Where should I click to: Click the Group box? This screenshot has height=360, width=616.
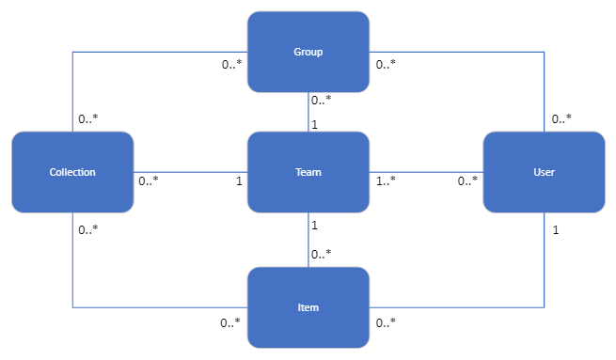(x=308, y=52)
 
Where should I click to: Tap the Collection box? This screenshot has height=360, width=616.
(x=72, y=172)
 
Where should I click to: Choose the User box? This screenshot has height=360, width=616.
(x=544, y=172)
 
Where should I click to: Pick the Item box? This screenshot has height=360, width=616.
(x=308, y=307)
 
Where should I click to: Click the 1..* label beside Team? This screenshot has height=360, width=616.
(x=386, y=180)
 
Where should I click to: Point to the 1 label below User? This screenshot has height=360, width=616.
(x=556, y=230)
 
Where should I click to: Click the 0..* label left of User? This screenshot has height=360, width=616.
(x=467, y=180)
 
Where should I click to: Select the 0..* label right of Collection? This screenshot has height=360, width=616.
(x=149, y=180)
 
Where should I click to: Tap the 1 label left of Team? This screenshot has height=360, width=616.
(x=239, y=180)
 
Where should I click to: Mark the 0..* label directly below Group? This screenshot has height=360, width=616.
(x=322, y=99)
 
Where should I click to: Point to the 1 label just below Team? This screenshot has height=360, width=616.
(x=313, y=226)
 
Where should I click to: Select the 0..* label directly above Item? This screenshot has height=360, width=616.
(x=322, y=254)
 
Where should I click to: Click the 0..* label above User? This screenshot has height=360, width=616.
(x=561, y=119)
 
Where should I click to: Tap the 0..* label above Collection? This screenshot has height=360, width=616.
(x=89, y=119)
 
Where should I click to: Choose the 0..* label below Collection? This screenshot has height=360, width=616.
(x=89, y=230)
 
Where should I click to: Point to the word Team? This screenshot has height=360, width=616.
(x=308, y=172)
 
